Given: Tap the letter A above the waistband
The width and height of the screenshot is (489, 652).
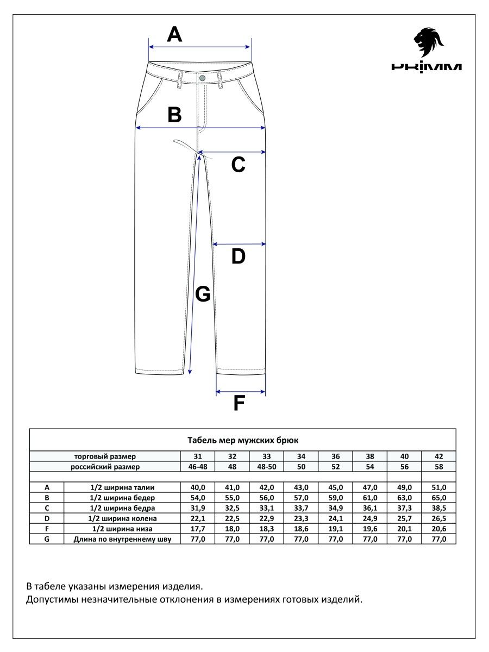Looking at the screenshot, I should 174,35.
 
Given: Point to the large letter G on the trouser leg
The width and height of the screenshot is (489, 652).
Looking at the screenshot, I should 203,294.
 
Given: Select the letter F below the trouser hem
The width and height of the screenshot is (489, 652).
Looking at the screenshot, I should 239,404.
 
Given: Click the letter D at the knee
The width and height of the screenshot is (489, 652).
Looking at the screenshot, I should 239,256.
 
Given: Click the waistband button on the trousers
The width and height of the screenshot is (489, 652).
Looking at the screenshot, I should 202,78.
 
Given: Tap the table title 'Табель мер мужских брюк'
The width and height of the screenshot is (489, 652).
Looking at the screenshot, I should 242,440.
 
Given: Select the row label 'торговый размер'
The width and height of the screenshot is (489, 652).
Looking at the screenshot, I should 105,456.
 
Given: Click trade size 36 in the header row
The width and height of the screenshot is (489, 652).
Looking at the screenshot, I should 335,456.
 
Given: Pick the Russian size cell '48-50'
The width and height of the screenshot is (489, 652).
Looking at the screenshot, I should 266,467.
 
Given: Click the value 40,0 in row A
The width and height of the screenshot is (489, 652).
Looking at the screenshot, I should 198,487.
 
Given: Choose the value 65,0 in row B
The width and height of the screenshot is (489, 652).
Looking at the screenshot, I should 438,498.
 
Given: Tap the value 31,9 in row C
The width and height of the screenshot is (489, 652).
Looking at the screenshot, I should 198,508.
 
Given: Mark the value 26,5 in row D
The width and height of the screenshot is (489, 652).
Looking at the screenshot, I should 438,518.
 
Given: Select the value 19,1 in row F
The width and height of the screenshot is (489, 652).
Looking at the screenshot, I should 335,529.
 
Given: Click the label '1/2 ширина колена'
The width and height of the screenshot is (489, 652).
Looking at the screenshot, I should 122,518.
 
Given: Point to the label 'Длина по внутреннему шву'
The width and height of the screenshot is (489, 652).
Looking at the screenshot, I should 122,539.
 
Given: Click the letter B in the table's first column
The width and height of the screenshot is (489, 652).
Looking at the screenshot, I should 47,498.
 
